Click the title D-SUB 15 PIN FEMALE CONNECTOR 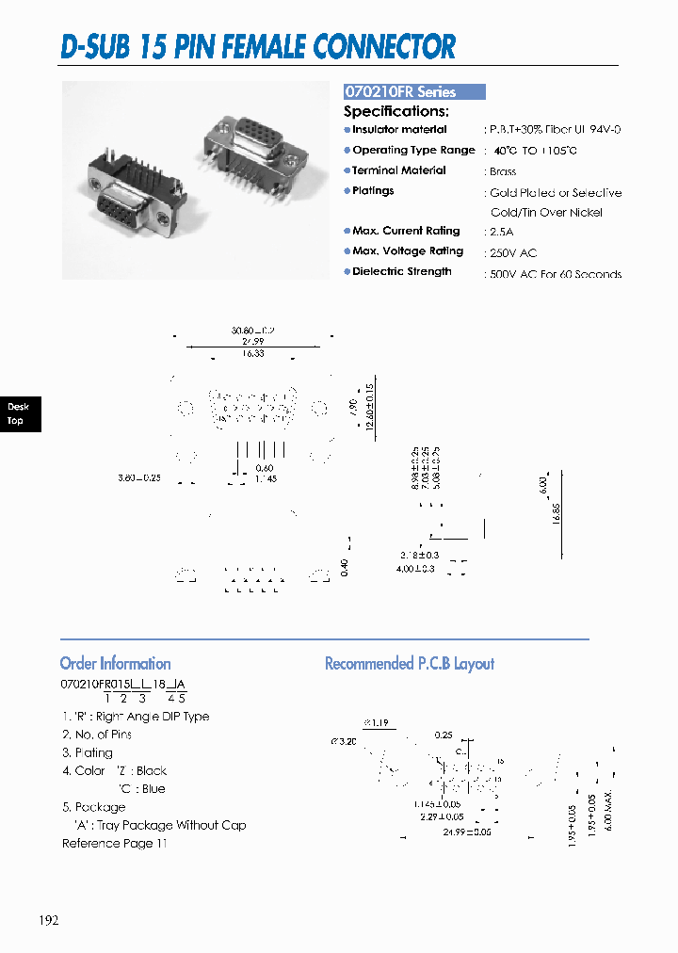coord(258,46)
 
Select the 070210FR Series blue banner coord(413,92)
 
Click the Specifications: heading coord(395,111)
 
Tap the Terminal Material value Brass coord(503,172)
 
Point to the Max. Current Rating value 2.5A coord(501,232)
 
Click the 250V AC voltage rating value coord(512,253)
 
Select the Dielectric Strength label coord(401,271)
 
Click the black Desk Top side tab coord(18,413)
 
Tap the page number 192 coord(50,920)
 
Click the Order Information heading coord(115,663)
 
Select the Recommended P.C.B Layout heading coord(409,664)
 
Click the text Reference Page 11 coord(114,843)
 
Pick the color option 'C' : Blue coord(141,789)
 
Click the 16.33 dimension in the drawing coord(250,354)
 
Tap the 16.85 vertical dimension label coord(557,513)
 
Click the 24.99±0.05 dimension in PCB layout coord(469,831)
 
